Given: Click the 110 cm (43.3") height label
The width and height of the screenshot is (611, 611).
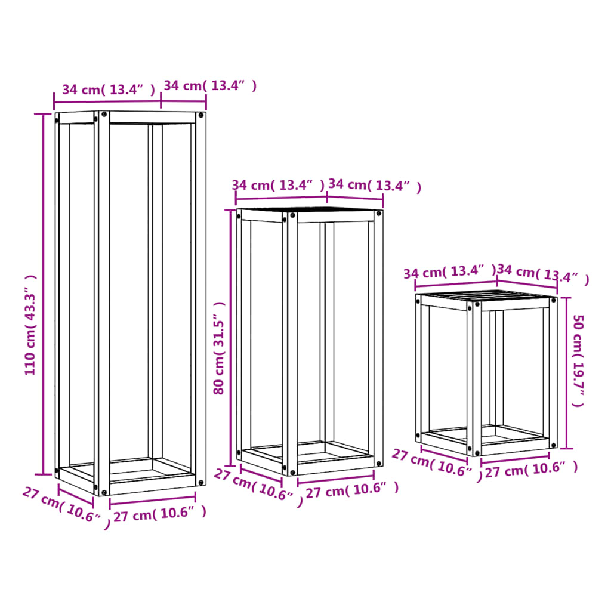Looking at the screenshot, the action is [x=30, y=325].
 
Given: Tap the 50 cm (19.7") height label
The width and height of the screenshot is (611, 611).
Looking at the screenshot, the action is [x=578, y=360].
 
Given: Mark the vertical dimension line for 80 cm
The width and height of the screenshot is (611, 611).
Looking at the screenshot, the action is [x=231, y=338].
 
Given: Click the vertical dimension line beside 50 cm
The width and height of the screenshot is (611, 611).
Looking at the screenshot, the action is [x=567, y=373].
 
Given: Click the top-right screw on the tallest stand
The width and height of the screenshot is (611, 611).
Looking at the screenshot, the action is [x=200, y=115].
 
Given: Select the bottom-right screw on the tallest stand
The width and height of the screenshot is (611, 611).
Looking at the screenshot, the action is [x=200, y=482].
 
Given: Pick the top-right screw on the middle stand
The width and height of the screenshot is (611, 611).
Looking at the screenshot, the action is [x=378, y=214].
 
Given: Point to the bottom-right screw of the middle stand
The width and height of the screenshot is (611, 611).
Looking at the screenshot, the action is [x=378, y=463].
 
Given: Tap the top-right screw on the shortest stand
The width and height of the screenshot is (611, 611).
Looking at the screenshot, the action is [x=553, y=300].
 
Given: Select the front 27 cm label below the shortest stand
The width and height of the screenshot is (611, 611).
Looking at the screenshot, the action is [x=531, y=470].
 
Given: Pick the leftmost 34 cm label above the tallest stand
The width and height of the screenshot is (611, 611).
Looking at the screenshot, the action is [x=109, y=90].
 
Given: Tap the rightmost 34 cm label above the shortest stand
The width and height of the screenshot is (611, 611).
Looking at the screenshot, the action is [x=543, y=274].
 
